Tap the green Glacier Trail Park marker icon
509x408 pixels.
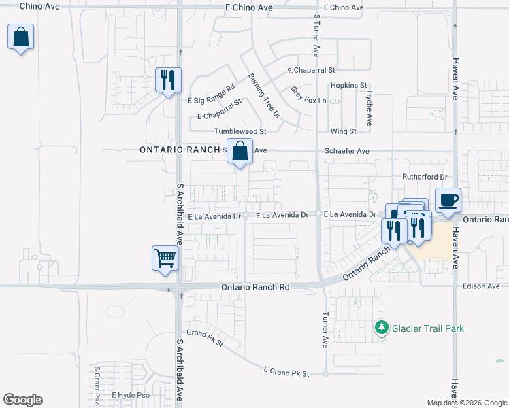click(x=381, y=328)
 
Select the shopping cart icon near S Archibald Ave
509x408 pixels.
click(x=165, y=259)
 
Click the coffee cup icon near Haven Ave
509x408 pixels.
click(x=448, y=201)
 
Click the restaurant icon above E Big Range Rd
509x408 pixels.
click(x=167, y=80)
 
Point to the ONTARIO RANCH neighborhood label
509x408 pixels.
click(x=180, y=150)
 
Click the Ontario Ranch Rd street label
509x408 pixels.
click(x=256, y=288)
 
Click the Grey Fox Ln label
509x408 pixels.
click(x=308, y=95)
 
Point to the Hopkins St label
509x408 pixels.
click(x=348, y=86)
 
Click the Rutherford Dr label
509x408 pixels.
click(x=423, y=177)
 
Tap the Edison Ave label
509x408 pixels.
click(x=481, y=286)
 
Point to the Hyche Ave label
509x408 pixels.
click(x=369, y=108)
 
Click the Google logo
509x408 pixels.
click(x=22, y=400)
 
